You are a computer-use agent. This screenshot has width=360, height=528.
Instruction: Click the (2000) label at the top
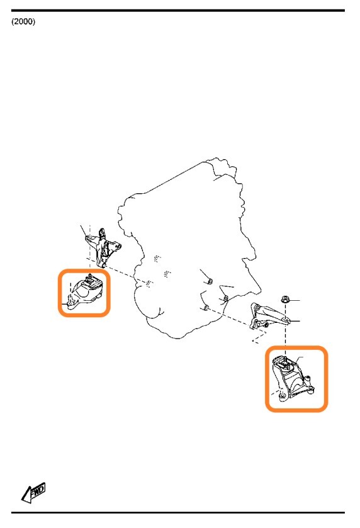tap(23, 21)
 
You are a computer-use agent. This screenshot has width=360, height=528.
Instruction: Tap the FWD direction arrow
tap(33, 492)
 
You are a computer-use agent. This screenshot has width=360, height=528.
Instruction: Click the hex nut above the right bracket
tap(286, 299)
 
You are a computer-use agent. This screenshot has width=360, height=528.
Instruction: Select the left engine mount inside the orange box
tap(84, 291)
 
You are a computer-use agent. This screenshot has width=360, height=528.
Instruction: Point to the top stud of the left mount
tap(90, 277)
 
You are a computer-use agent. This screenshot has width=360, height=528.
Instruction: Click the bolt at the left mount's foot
tap(70, 303)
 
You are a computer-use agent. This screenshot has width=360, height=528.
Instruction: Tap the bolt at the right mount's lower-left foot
tap(282, 395)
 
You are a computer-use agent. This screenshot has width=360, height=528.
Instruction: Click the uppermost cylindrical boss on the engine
tap(210, 280)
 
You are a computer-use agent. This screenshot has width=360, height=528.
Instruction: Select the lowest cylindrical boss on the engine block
tap(206, 308)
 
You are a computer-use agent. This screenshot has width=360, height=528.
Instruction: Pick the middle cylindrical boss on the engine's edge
tap(226, 298)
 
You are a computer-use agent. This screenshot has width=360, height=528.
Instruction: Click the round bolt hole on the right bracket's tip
tap(286, 319)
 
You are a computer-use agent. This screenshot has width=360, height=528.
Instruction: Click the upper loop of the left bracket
tap(102, 233)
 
